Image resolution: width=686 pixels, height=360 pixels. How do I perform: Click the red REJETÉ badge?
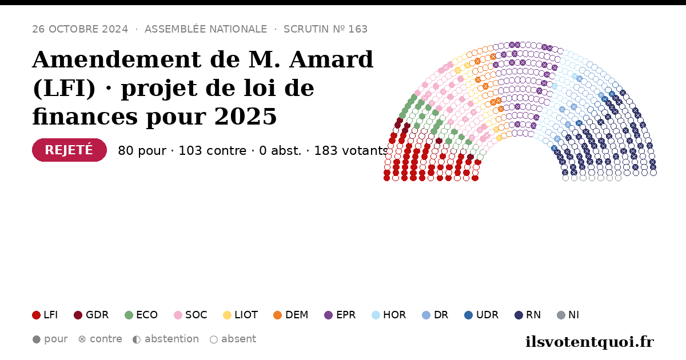pyautogui.click(x=69, y=150)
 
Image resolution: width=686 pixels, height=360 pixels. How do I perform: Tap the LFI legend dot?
pyautogui.click(x=36, y=315)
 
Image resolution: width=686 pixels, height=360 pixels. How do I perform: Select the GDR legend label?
pyautogui.click(x=97, y=315)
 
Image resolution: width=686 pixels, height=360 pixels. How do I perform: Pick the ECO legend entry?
pyautogui.click(x=141, y=315)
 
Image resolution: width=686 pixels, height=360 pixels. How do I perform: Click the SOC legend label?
pyautogui.click(x=196, y=315)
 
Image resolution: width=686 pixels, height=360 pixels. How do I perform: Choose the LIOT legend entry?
pyautogui.click(x=241, y=315)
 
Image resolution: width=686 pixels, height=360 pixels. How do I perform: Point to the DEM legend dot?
pyautogui.click(x=277, y=315)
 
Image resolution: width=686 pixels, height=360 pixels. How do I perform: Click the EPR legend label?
pyautogui.click(x=346, y=315)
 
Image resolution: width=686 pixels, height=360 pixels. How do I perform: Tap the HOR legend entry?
pyautogui.click(x=389, y=315)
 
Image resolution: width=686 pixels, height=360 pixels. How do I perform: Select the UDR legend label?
pyautogui.click(x=487, y=315)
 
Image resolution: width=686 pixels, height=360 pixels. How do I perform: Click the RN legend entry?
pyautogui.click(x=528, y=315)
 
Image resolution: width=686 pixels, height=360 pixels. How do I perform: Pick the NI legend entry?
pyautogui.click(x=568, y=315)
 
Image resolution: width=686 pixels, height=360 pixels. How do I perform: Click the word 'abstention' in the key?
pyautogui.click(x=172, y=339)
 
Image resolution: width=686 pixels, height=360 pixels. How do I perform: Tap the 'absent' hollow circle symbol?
pyautogui.click(x=214, y=339)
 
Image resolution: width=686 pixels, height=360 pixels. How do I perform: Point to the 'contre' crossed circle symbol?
pyautogui.click(x=82, y=339)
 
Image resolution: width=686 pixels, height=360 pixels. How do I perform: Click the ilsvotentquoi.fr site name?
pyautogui.click(x=589, y=342)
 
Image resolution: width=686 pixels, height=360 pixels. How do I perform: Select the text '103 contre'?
pyautogui.click(x=213, y=151)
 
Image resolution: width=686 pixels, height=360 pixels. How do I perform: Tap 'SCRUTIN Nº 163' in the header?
pyautogui.click(x=325, y=29)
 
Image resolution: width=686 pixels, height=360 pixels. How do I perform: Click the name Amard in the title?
pyautogui.click(x=332, y=59)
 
